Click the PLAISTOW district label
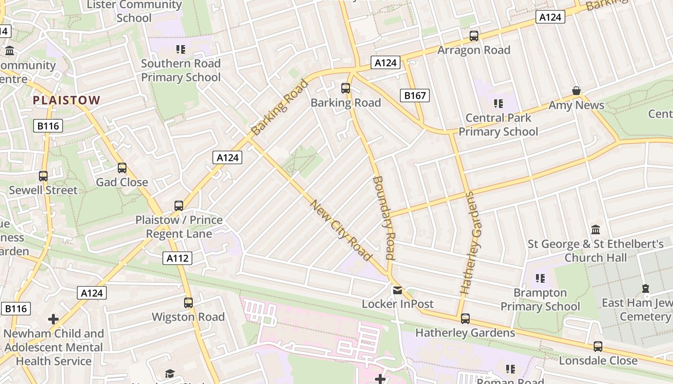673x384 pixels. tap(66, 100)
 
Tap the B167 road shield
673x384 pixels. tap(414, 96)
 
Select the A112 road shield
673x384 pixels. tap(177, 258)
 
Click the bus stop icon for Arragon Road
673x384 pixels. tap(474, 36)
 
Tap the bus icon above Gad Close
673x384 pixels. tap(122, 168)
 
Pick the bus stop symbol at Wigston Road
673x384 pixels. tap(188, 303)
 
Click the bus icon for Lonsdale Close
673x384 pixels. tap(598, 347)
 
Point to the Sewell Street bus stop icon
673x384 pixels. tap(43, 176)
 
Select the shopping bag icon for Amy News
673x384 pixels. tap(576, 91)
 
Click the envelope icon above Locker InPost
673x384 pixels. tap(398, 290)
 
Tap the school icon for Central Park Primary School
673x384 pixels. tap(498, 103)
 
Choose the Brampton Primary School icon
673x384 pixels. tap(540, 278)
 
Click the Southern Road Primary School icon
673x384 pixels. tap(180, 49)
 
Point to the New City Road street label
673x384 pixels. tap(341, 230)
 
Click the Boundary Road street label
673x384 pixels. tap(384, 217)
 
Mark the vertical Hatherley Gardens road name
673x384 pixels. tap(471, 243)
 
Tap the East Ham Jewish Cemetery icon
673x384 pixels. tap(646, 288)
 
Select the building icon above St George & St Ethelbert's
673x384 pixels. tap(596, 229)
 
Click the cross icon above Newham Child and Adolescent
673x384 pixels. tap(53, 319)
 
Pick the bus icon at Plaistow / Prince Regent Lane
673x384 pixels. tap(179, 206)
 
